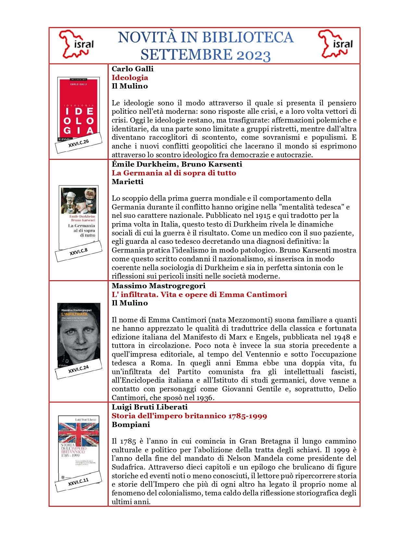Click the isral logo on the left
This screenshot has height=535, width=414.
point(77,44)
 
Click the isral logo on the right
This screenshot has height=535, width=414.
point(336,44)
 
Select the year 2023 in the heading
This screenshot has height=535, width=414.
point(253,55)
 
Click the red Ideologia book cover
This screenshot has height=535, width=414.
point(78,107)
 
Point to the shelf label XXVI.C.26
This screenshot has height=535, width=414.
point(79,143)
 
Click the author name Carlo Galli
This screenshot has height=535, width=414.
point(132,69)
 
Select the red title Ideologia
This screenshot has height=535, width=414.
point(130,77)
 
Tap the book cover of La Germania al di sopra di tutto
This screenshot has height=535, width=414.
point(79,214)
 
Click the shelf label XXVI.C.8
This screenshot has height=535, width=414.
point(79,252)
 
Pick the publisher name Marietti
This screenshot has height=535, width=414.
point(128,182)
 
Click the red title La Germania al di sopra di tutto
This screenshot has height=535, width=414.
point(174,173)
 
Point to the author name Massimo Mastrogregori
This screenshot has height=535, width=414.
point(158,286)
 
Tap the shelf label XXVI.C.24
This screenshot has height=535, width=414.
point(79,369)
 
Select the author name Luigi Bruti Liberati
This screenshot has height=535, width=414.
point(150,407)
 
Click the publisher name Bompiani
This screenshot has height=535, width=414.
point(131,424)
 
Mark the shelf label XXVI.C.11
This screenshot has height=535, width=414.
point(78,482)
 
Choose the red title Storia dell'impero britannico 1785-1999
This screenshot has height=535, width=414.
point(189,416)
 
